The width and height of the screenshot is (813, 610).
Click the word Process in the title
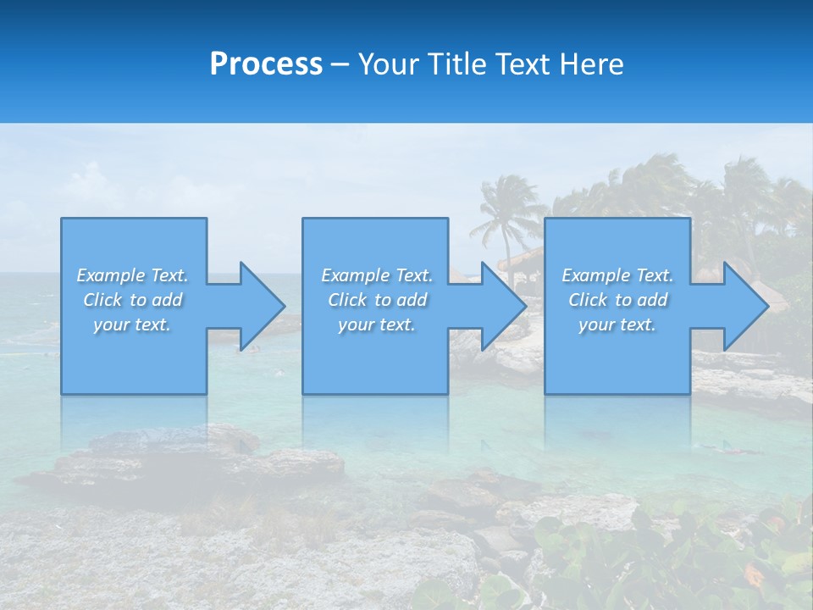(266, 64)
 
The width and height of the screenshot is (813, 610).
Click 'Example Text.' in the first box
(132, 275)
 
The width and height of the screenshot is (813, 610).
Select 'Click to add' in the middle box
(377, 300)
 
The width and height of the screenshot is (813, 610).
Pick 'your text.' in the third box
(617, 324)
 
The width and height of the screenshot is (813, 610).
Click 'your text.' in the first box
(132, 324)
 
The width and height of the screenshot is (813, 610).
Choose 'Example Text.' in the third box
(617, 275)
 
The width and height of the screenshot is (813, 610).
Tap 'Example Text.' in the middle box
(377, 275)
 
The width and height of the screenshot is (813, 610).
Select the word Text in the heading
(523, 64)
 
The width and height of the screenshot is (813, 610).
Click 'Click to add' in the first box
(132, 300)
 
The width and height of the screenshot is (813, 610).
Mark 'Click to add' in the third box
(617, 300)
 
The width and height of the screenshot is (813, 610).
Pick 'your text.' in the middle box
(377, 324)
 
